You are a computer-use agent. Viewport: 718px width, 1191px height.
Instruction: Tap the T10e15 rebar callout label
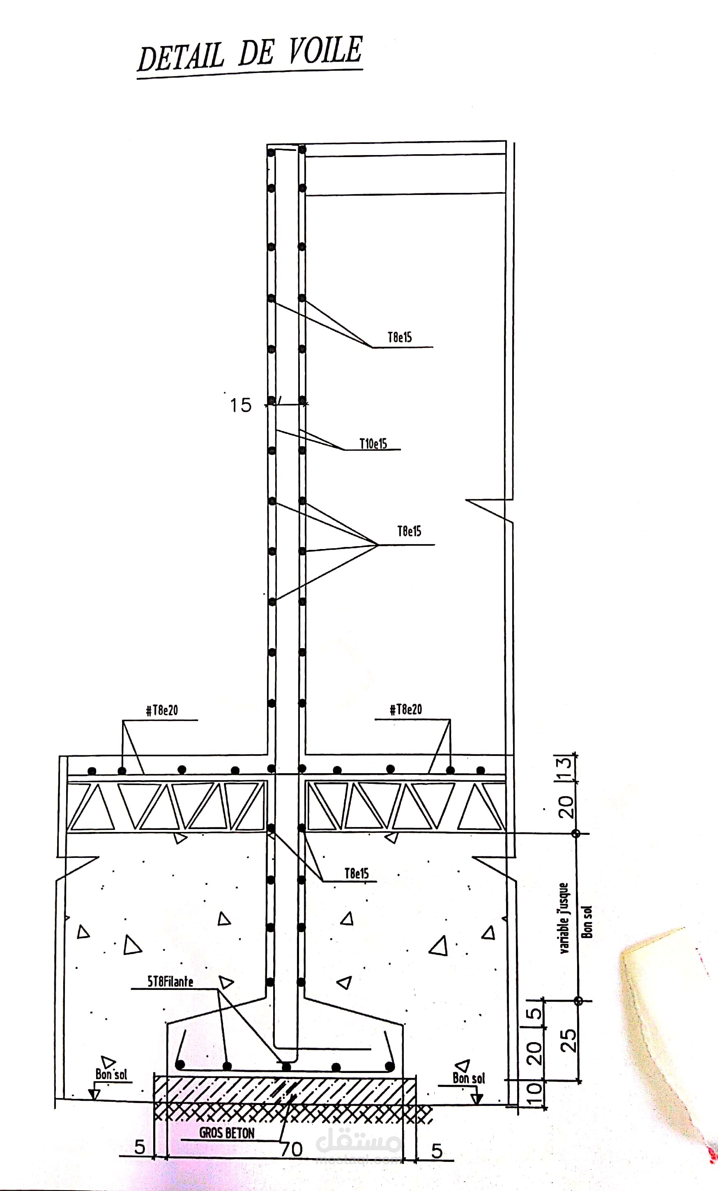point(373,444)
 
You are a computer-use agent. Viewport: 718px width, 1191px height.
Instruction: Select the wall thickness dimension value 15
point(240,405)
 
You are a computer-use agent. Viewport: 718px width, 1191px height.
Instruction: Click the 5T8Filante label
point(170,982)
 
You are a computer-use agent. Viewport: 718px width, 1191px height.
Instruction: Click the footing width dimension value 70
point(292,1149)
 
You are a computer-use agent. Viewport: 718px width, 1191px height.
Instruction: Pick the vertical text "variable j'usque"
point(564,918)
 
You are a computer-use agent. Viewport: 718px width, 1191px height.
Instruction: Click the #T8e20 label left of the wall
point(162,711)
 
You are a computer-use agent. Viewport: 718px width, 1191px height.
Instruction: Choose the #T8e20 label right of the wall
point(405,709)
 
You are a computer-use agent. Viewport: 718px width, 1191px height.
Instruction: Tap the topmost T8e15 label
point(400,337)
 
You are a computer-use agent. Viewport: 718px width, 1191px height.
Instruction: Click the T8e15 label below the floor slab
point(357,874)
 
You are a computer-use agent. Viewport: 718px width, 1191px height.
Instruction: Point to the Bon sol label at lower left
point(111,1075)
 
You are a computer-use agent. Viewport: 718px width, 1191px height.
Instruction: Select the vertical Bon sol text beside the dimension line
point(587,922)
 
